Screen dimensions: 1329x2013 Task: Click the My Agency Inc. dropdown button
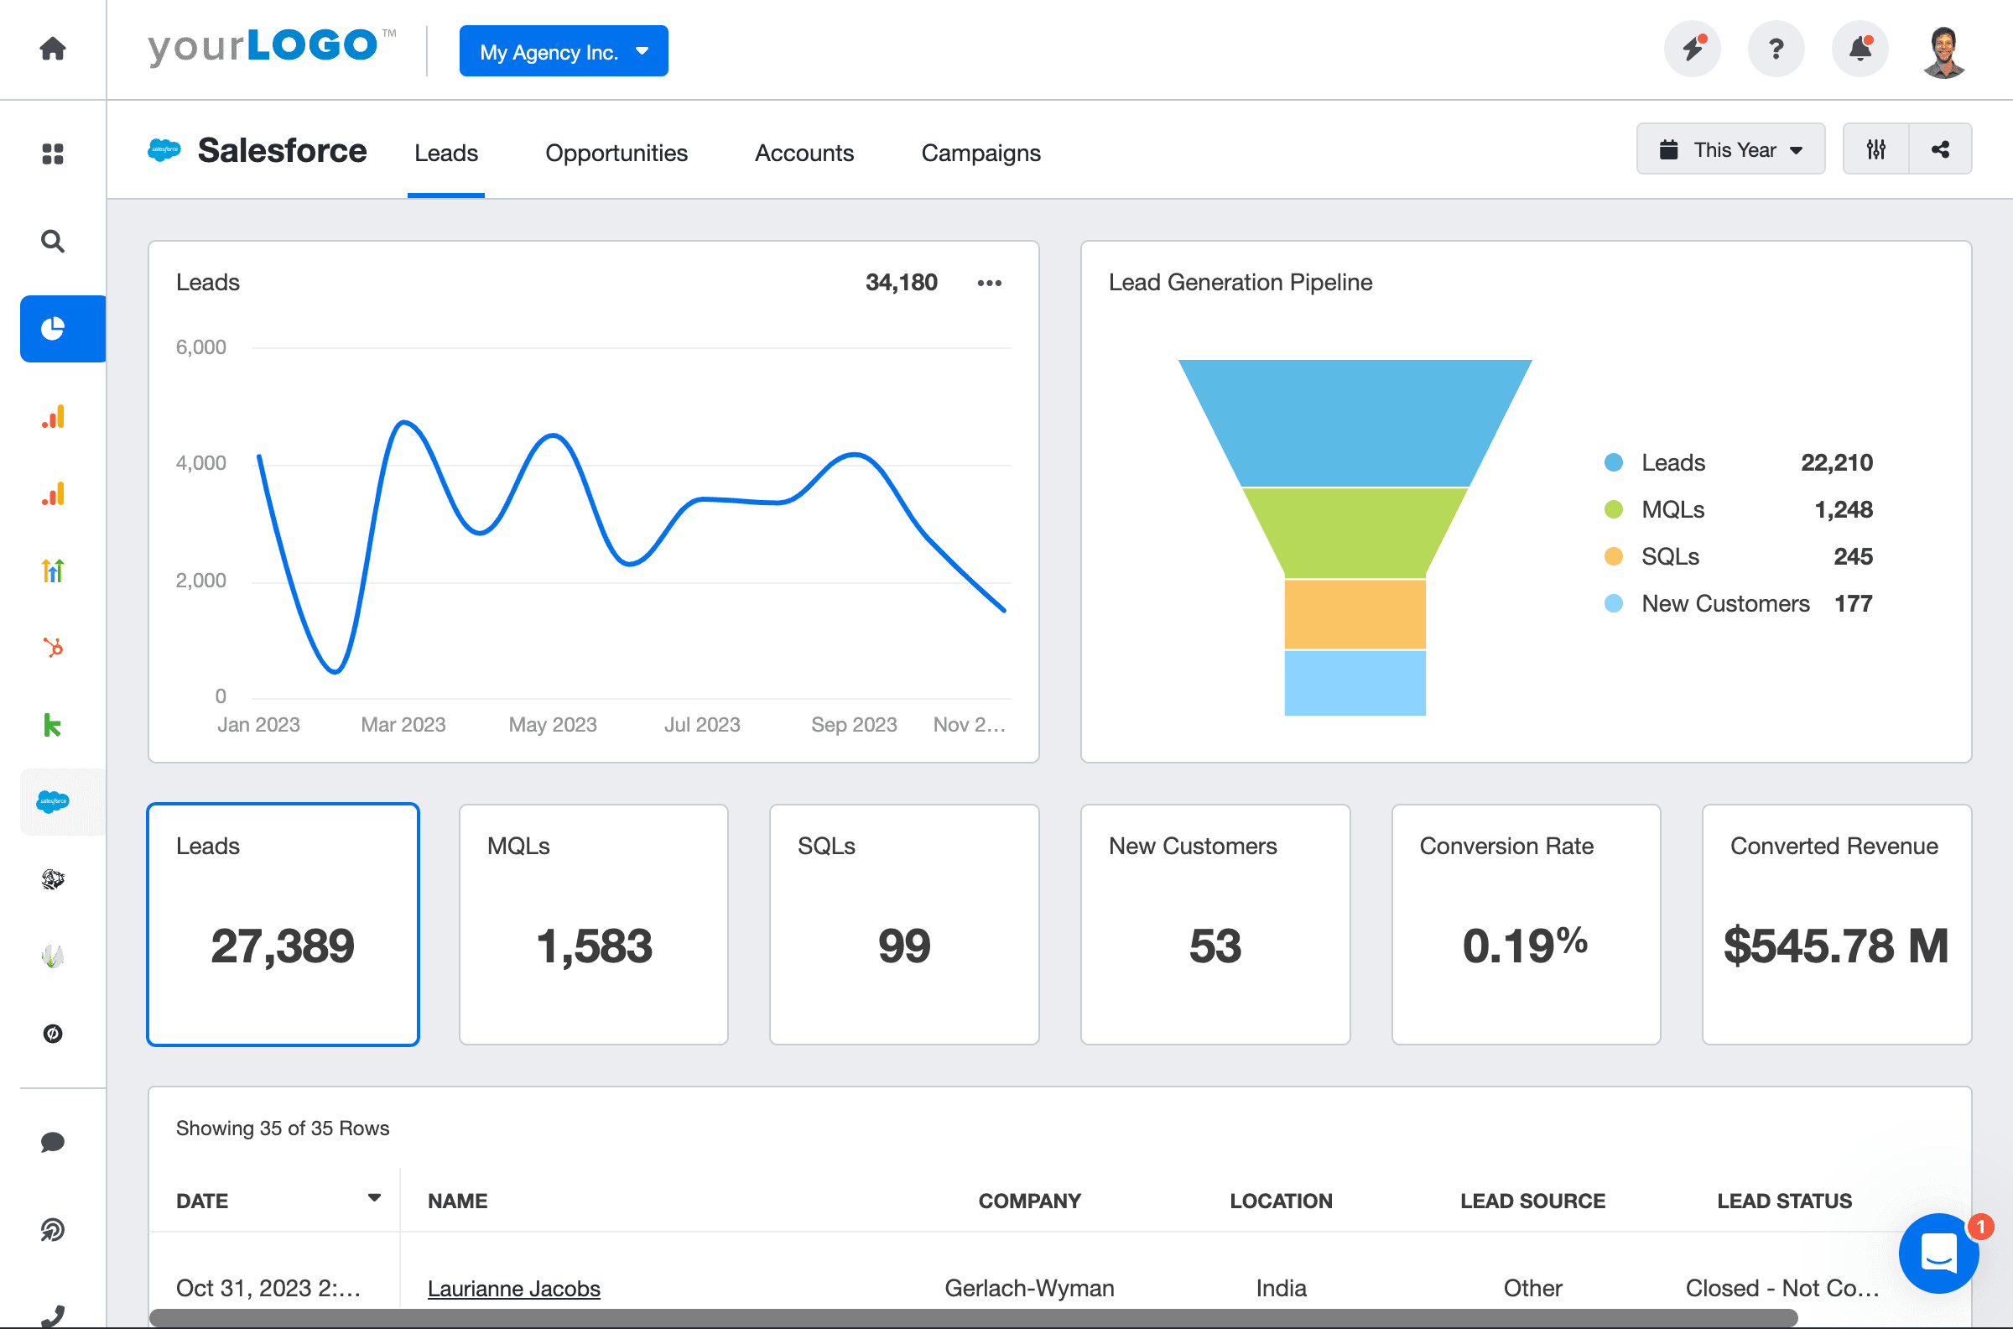click(564, 52)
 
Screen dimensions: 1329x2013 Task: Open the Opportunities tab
click(616, 153)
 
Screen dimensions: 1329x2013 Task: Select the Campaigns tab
click(980, 153)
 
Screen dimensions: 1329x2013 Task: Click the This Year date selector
click(1730, 150)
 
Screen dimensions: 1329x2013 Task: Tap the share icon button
click(1940, 150)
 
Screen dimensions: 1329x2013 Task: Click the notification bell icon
click(1860, 50)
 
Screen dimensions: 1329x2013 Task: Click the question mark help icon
click(1776, 50)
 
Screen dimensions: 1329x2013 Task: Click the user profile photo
click(1943, 52)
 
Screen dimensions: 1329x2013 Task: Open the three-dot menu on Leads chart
click(989, 283)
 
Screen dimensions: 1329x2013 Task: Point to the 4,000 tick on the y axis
click(200, 464)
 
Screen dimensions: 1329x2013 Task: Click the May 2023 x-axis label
click(553, 725)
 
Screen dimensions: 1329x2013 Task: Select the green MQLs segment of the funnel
click(1354, 532)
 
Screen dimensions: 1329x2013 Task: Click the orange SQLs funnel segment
click(1354, 614)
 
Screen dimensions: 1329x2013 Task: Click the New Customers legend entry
click(1725, 604)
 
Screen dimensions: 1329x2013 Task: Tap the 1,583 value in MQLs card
click(594, 946)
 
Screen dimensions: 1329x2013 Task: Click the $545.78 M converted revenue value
click(1835, 946)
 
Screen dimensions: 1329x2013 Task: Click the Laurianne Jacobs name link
click(513, 1289)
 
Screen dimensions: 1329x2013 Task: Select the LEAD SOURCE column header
click(1532, 1201)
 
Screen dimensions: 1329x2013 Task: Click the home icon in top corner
click(53, 50)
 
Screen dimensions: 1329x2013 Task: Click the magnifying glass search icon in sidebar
click(53, 242)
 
